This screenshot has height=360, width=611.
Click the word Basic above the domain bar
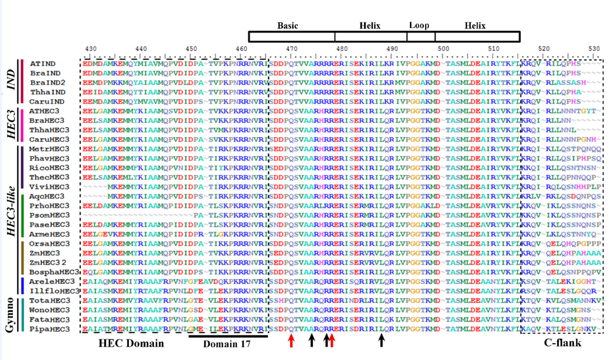288,26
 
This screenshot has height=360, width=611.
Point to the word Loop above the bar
419,26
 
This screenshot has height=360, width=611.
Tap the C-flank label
562,343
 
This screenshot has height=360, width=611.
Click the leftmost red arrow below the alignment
291,340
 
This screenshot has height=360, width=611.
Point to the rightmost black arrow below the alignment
382,340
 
